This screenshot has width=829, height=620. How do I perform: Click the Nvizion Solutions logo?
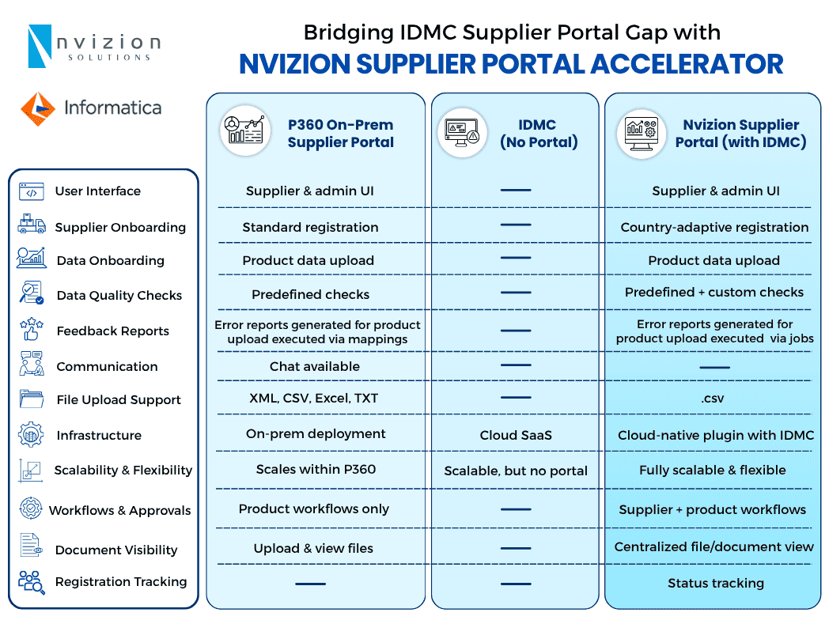click(x=93, y=46)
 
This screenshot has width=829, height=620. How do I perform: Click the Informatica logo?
click(x=91, y=108)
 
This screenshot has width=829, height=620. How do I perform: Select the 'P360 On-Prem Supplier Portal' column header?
click(x=340, y=134)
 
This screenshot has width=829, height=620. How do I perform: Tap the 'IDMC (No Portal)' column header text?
click(x=538, y=134)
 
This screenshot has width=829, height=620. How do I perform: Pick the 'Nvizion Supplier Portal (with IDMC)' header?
click(x=740, y=134)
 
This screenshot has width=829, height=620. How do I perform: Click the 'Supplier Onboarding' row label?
click(x=120, y=227)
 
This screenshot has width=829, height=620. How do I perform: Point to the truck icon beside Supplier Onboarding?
click(x=32, y=225)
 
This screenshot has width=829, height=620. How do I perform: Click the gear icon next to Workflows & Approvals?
click(x=31, y=508)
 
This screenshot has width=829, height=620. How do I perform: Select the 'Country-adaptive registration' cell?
click(x=714, y=227)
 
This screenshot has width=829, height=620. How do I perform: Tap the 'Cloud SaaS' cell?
click(x=516, y=436)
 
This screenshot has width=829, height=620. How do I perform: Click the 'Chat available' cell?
click(x=314, y=366)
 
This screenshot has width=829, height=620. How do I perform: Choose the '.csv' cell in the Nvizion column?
click(x=714, y=399)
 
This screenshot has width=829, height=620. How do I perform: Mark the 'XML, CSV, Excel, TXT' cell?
click(x=314, y=399)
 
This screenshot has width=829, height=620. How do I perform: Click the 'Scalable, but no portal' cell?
click(x=516, y=471)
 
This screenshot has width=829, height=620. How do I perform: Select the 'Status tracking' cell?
click(x=715, y=583)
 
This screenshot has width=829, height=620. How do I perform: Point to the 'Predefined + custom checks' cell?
click(x=714, y=292)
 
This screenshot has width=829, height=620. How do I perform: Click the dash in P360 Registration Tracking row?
click(x=310, y=584)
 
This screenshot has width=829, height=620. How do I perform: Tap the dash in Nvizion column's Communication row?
click(x=715, y=367)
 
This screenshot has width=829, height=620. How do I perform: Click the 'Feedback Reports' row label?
click(x=112, y=331)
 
